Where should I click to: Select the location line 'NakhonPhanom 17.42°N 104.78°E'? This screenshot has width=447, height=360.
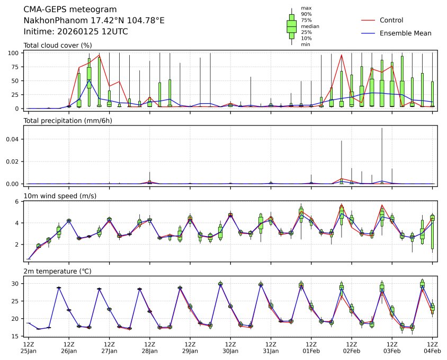pos(94,20)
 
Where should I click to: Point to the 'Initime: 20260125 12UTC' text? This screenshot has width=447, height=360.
pos(76,31)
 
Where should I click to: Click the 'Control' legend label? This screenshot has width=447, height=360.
pos(391,21)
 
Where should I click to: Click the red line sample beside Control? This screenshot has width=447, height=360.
pos(368,21)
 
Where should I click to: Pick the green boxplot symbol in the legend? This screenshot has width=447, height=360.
pos(291,26)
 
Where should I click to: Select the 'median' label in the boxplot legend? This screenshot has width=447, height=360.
pos(310,26)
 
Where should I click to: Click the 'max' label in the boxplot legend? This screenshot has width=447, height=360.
pos(306,8)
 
